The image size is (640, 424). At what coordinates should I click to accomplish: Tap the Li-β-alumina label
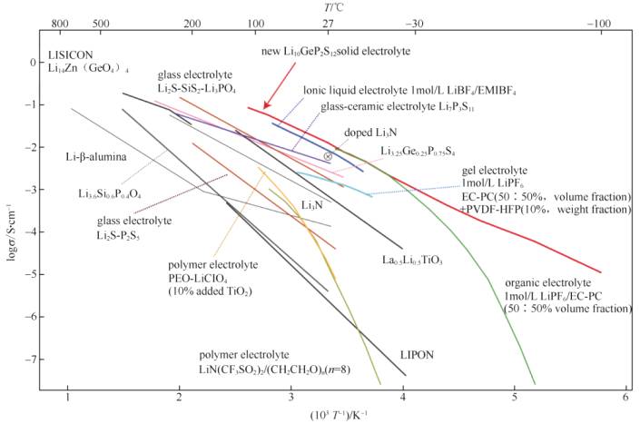[x=95, y=156]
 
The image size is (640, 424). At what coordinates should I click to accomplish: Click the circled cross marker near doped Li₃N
[x=328, y=157]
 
